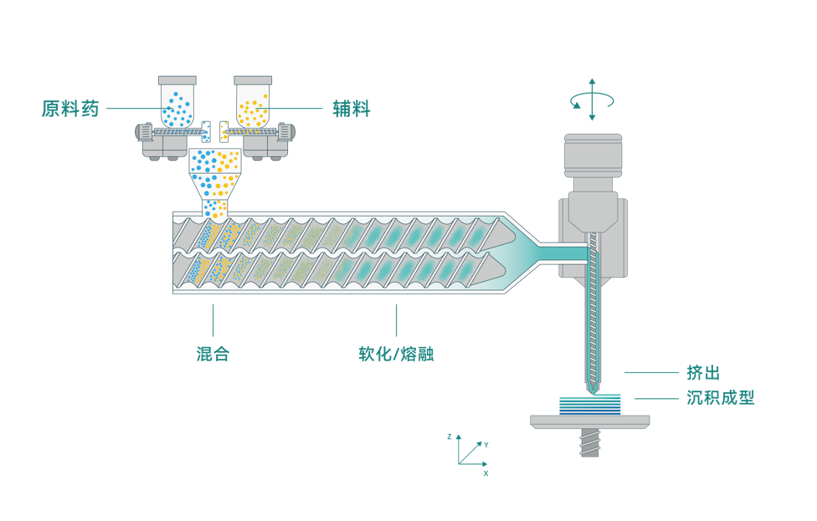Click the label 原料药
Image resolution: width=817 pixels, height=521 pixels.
[70, 109]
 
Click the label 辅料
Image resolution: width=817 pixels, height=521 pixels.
[351, 109]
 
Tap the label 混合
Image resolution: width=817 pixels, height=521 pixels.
[213, 354]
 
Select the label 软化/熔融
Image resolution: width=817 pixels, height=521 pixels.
[396, 354]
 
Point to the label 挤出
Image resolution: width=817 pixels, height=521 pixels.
[702, 373]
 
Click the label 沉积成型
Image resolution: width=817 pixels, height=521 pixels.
[721, 398]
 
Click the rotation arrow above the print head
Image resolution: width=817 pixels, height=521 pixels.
[592, 100]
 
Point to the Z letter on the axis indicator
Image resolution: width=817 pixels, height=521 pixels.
[450, 437]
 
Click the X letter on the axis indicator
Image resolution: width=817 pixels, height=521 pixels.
[486, 472]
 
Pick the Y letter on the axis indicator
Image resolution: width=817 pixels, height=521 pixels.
[486, 444]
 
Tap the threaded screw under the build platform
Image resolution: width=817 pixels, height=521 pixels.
[590, 442]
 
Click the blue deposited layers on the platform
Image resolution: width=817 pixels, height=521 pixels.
[590, 405]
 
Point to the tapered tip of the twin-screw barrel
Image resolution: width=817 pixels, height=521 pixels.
[523, 252]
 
